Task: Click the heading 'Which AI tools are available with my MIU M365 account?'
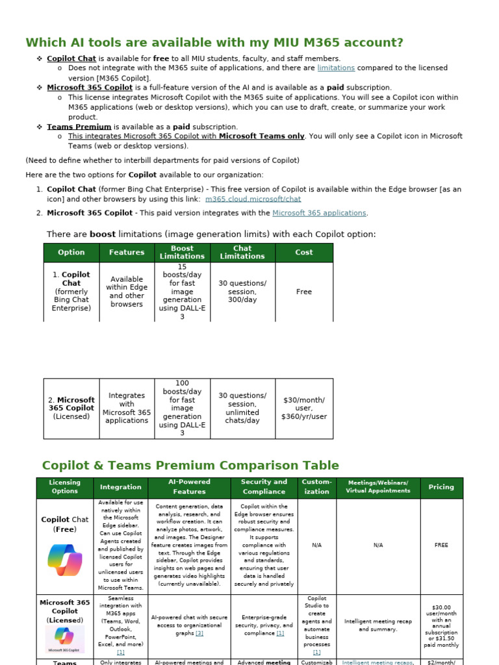[x=214, y=43]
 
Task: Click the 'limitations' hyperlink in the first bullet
[x=336, y=68]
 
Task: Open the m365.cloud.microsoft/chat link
[x=253, y=199]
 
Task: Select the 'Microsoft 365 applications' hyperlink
[x=319, y=213]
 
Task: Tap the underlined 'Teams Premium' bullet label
[x=79, y=127]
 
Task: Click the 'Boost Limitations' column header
[x=182, y=253]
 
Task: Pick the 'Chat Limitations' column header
[x=242, y=253]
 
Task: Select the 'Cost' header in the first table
[x=303, y=253]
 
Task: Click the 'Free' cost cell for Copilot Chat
[x=303, y=292]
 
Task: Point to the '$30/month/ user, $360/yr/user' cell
[x=303, y=408]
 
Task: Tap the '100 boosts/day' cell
[x=182, y=408]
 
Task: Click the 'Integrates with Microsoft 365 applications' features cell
[x=127, y=408]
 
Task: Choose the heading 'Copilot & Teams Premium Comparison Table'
[x=190, y=466]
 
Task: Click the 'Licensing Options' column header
[x=65, y=487]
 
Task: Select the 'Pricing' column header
[x=441, y=487]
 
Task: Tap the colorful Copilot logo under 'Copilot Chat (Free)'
[x=65, y=559]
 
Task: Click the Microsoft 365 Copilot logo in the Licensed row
[x=65, y=640]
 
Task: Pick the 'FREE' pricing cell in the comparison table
[x=441, y=546]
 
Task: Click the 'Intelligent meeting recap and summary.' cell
[x=378, y=625]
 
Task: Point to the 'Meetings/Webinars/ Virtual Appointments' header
[x=378, y=487]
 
